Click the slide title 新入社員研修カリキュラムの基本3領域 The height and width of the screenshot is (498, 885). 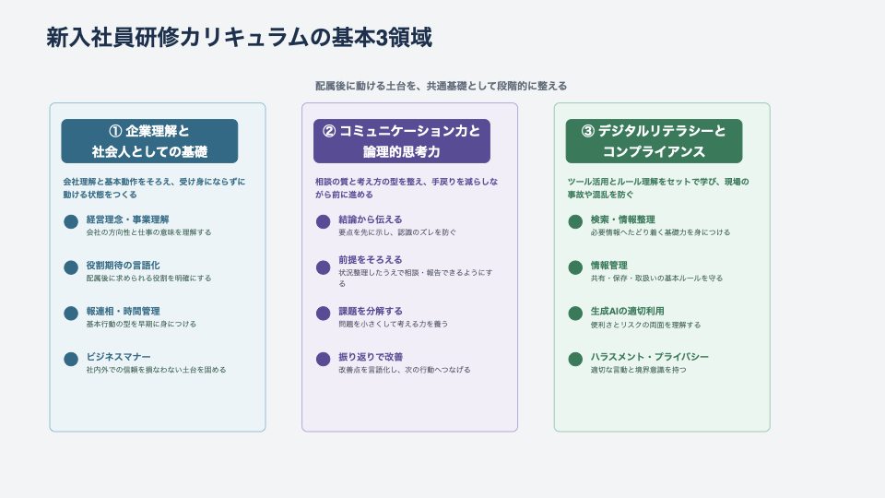click(x=239, y=38)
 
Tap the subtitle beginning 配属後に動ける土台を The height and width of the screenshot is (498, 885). click(x=442, y=86)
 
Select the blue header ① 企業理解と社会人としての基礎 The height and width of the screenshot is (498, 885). click(x=149, y=141)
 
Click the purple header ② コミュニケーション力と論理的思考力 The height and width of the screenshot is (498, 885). click(x=401, y=141)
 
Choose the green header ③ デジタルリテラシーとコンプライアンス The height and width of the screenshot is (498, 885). click(x=654, y=141)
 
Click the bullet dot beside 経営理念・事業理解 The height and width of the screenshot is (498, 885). click(x=71, y=221)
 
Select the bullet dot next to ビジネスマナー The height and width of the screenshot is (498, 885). click(x=71, y=359)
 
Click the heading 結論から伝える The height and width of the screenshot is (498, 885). click(x=370, y=220)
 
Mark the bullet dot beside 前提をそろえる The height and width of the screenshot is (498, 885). click(x=323, y=267)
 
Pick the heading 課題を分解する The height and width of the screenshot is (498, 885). click(x=370, y=312)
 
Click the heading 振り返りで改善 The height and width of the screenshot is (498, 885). click(x=370, y=357)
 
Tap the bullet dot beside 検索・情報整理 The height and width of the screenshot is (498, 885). click(x=575, y=221)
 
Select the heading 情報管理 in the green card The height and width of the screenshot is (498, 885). click(x=608, y=266)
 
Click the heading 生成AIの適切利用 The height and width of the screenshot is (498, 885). click(x=627, y=312)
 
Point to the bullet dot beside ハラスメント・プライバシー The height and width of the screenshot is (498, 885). click(x=575, y=359)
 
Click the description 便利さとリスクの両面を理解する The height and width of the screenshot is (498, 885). click(x=645, y=325)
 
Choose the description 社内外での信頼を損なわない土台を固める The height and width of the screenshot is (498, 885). click(x=156, y=370)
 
